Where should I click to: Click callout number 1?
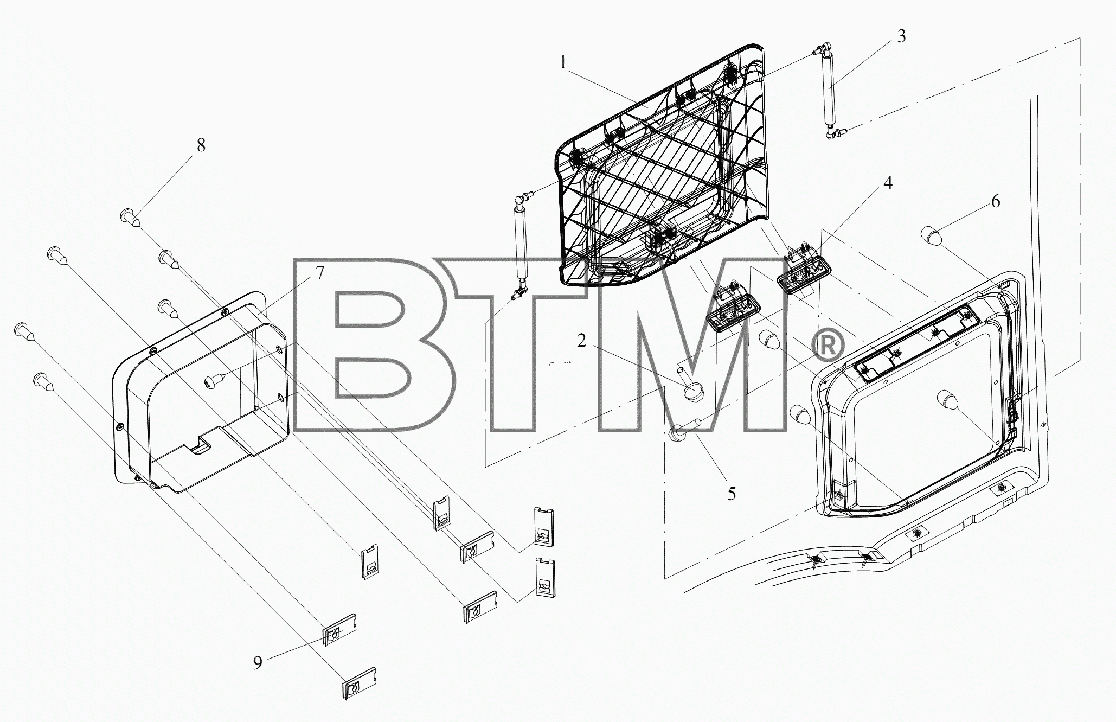click(x=563, y=63)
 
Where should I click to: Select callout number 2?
click(x=581, y=341)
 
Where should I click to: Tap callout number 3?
click(x=901, y=36)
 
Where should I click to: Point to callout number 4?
click(x=887, y=184)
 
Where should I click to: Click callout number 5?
click(x=732, y=494)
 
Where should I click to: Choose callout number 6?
click(x=996, y=202)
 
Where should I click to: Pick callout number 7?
click(x=320, y=273)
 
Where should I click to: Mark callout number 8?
click(x=201, y=145)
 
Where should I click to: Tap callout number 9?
click(x=258, y=662)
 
